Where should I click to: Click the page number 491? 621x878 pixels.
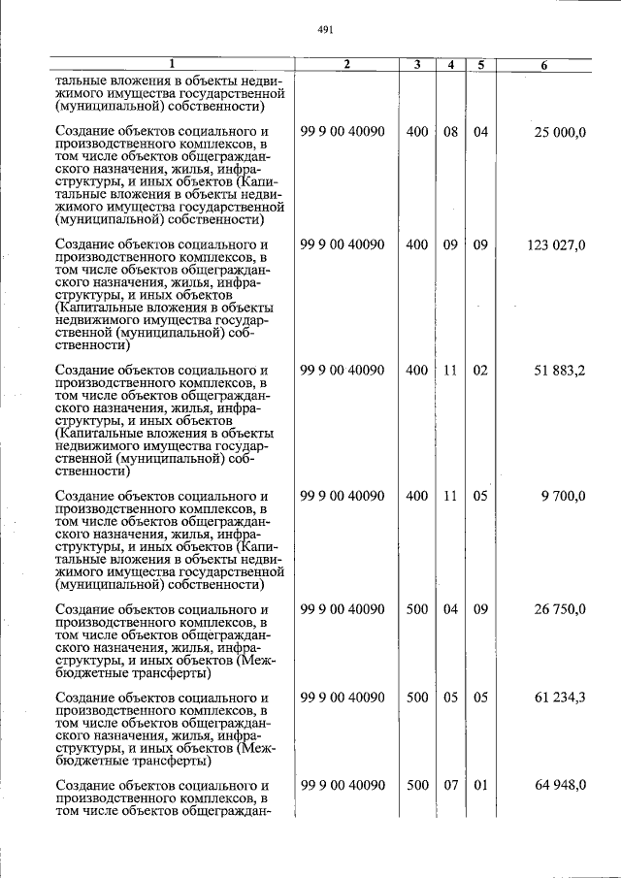325,30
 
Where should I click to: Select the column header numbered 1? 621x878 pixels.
171,65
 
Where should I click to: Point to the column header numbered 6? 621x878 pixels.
543,65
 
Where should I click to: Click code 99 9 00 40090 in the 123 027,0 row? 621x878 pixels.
343,245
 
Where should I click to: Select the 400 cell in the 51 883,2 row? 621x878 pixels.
416,371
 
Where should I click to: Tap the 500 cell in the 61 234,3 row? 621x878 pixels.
416,698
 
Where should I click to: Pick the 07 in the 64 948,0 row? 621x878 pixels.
450,785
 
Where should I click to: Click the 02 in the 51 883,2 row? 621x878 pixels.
480,371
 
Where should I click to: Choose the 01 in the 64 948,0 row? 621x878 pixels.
480,785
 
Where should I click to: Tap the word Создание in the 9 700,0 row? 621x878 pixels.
84,496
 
